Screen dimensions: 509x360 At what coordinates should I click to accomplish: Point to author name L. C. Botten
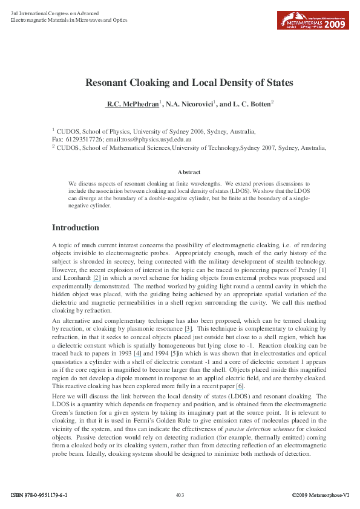pos(251,105)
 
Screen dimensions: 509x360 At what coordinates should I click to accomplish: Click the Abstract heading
pos(189,172)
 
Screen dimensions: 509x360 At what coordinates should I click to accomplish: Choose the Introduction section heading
pos(76,228)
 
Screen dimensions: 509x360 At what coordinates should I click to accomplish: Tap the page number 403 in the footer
pos(180,495)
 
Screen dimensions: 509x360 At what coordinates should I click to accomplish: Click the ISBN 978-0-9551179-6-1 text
pos(39,495)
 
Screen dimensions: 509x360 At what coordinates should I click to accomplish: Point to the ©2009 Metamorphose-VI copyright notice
pos(320,495)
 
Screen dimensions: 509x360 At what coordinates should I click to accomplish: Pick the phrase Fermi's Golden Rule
pos(201,420)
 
